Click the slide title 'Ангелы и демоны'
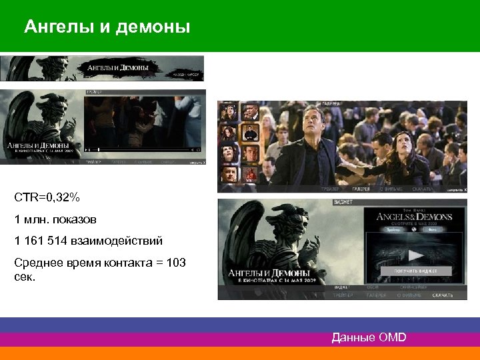tap(107, 27)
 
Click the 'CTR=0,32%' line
tap(47, 197)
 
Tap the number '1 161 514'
tap(41, 241)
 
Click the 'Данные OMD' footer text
tap(369, 337)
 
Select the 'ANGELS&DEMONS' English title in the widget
tap(414, 217)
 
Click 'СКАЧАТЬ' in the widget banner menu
tap(442, 295)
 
